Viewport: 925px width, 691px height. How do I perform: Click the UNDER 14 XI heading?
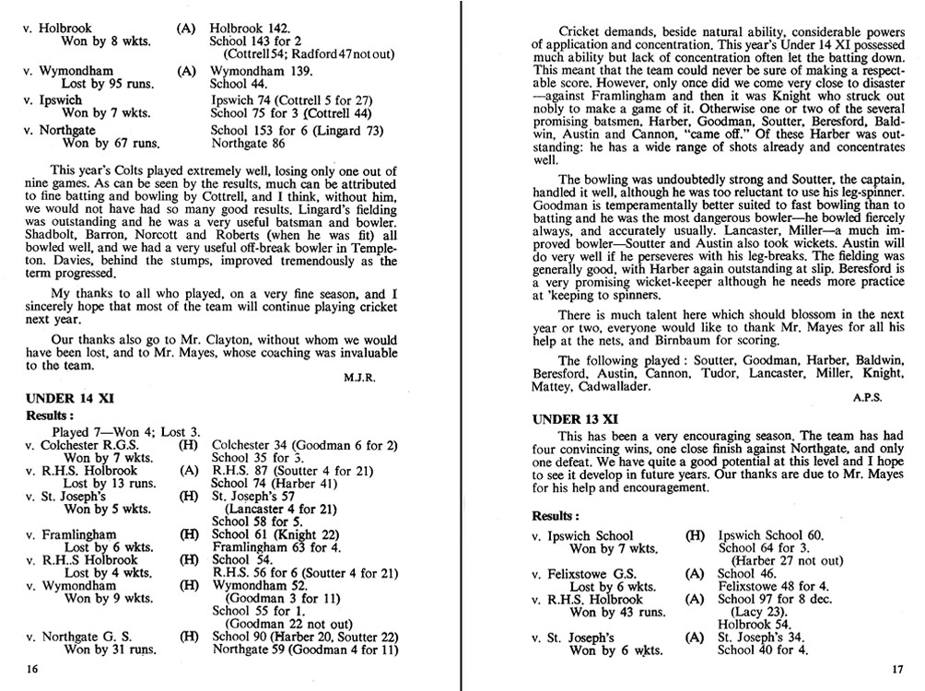coord(69,399)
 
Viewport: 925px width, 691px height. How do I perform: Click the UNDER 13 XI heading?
coord(577,419)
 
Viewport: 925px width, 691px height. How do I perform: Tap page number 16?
coord(32,669)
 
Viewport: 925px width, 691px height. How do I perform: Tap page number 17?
coord(899,669)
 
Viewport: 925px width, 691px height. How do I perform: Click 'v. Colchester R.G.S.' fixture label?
coord(82,444)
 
